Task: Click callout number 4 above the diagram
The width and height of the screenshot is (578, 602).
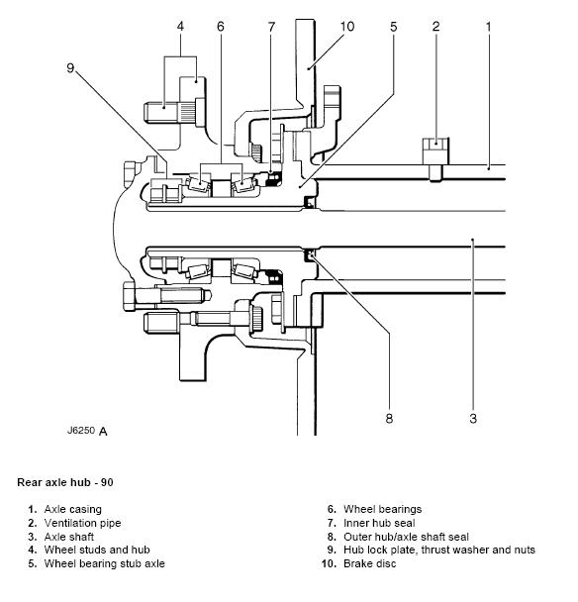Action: (x=180, y=27)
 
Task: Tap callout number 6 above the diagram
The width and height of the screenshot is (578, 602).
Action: (x=221, y=27)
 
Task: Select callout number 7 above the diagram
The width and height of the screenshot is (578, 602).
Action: (x=272, y=27)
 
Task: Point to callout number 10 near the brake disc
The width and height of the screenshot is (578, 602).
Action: (x=347, y=27)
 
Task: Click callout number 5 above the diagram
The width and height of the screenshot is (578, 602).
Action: (x=393, y=27)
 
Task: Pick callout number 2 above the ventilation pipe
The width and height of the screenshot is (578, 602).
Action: (x=435, y=27)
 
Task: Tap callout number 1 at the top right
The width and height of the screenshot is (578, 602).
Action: (x=488, y=27)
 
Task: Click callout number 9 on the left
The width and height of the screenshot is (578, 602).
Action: (x=70, y=68)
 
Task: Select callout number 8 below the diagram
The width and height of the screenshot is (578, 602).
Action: (x=389, y=418)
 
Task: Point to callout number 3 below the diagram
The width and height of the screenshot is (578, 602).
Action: (x=473, y=418)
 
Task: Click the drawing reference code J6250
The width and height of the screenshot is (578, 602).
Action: (x=81, y=430)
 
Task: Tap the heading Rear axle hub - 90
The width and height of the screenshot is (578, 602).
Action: (x=65, y=482)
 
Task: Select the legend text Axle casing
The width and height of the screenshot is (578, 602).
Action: (x=73, y=510)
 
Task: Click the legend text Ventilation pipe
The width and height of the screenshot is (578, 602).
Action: (x=82, y=523)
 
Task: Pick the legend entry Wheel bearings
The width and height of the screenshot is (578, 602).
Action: (x=383, y=510)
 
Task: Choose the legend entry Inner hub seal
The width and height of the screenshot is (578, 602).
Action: (x=379, y=523)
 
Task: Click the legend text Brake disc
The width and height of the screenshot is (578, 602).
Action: (x=369, y=563)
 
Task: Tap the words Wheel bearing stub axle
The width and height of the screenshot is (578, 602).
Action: (x=104, y=563)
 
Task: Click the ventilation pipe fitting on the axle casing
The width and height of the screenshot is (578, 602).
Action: (x=435, y=158)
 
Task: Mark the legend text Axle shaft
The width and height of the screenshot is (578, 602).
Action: (x=69, y=537)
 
